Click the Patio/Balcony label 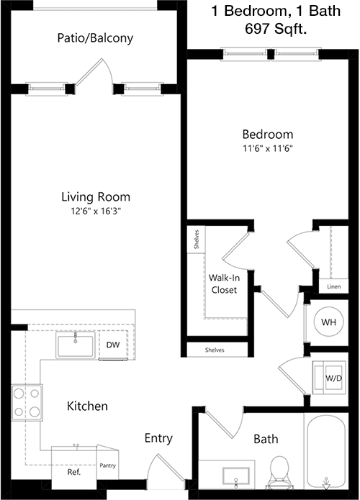(x=95, y=38)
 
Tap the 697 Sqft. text (x=276, y=29)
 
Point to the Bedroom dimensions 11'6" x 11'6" (x=268, y=148)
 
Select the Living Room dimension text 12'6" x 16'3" (x=96, y=211)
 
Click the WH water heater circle (x=328, y=322)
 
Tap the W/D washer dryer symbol (x=329, y=378)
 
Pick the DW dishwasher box (x=113, y=345)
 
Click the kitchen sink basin (x=76, y=345)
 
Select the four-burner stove (x=27, y=402)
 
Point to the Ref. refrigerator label (x=74, y=472)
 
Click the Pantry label (x=107, y=465)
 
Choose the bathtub (x=326, y=452)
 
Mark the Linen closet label (x=334, y=286)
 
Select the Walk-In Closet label (x=224, y=283)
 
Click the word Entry (x=158, y=438)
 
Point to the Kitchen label (x=87, y=406)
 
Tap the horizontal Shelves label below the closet (x=215, y=350)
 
